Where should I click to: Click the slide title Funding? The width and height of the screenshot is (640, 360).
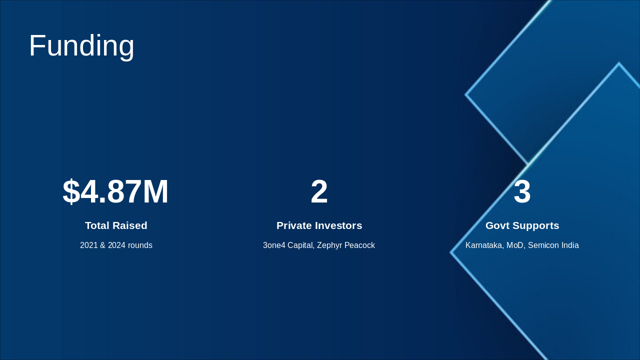point(81,46)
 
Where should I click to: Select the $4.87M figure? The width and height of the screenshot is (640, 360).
point(115,191)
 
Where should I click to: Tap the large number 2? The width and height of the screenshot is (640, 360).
point(319,191)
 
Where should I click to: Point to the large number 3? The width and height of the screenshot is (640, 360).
point(522,191)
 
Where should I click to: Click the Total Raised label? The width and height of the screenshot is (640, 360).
point(116,225)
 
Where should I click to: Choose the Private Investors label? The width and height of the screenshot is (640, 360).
point(319,225)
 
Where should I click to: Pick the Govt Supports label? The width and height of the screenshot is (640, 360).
point(522,225)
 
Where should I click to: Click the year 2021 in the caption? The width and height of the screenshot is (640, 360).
point(89,245)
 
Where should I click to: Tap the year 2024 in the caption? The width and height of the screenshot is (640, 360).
point(116,245)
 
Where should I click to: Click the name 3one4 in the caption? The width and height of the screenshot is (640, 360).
point(274,245)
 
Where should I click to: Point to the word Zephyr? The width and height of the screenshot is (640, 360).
point(329,245)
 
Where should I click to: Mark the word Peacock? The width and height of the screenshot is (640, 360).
point(359,245)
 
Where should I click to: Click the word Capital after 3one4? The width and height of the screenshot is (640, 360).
point(301,245)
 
